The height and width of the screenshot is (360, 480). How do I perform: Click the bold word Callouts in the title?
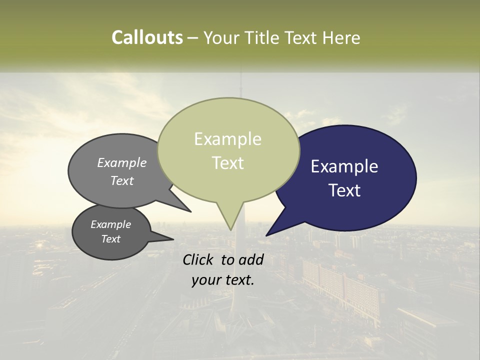click(147, 37)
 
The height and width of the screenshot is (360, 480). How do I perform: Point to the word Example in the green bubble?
click(227, 139)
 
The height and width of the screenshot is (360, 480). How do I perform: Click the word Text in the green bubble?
click(227, 163)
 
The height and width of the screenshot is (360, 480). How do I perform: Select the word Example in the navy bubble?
click(344, 166)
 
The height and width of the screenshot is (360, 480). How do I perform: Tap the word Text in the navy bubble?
click(344, 190)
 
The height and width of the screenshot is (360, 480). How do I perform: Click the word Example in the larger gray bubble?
click(122, 162)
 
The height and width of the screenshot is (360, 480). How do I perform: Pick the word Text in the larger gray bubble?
click(122, 180)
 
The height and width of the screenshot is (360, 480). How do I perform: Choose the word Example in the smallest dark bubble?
click(111, 224)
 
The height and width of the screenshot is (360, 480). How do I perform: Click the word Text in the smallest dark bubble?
click(111, 239)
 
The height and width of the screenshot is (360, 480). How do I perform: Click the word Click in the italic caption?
click(199, 259)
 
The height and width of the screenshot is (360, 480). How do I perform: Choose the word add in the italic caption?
click(251, 259)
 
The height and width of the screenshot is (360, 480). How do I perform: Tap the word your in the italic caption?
click(205, 280)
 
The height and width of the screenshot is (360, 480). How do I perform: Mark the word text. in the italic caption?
click(238, 280)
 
